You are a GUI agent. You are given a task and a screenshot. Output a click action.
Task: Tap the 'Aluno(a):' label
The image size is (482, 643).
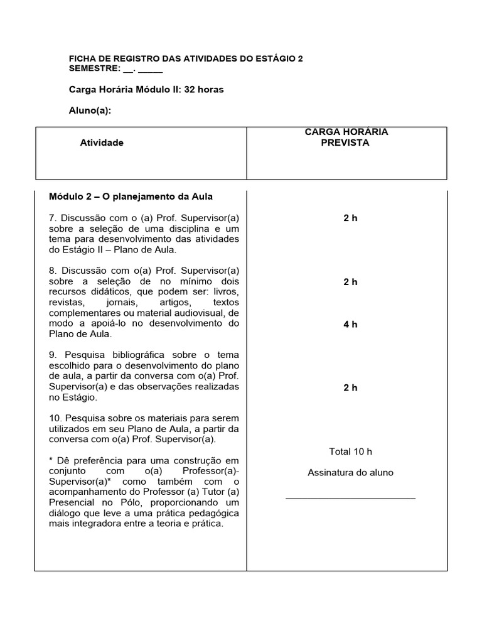[90, 111]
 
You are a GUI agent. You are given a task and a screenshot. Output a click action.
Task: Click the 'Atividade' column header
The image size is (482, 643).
[102, 143]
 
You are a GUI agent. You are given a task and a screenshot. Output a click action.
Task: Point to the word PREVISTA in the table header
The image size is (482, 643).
[345, 143]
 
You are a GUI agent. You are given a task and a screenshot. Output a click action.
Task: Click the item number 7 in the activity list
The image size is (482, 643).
[53, 218]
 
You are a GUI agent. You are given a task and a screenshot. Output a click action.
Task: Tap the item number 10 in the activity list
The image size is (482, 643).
[55, 418]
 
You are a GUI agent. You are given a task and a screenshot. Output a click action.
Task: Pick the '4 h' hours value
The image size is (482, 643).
[350, 325]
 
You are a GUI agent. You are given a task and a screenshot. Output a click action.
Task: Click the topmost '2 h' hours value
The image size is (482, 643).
[350, 218]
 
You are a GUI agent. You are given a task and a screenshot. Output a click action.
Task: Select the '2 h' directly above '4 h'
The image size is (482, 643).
[350, 282]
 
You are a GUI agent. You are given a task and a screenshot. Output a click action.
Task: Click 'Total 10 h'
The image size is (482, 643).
[350, 451]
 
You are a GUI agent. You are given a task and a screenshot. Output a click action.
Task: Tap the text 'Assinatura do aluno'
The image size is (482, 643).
[350, 472]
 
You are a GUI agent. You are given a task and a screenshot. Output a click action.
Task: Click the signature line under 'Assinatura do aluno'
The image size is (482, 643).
[350, 498]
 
